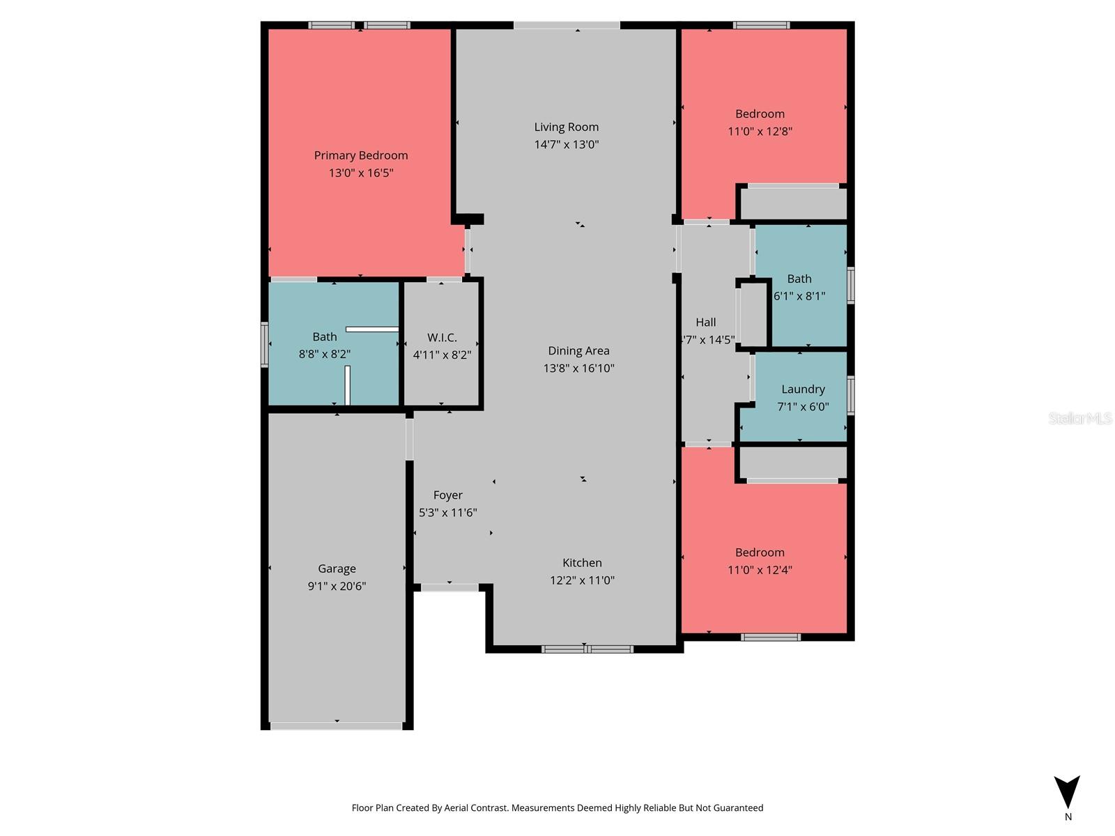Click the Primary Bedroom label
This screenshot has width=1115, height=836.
coord(360,155)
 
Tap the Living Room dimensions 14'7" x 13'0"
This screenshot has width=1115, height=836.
coord(567,144)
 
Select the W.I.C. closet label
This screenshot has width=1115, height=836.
coord(442,337)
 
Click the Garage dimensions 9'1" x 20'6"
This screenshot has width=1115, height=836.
coord(337,586)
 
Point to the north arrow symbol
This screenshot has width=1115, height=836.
coord(1067,792)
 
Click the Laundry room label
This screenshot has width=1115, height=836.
coord(803,389)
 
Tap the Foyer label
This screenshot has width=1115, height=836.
coord(447,495)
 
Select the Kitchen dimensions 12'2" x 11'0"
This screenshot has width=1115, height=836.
coord(582,580)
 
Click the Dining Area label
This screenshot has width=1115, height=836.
coord(578,350)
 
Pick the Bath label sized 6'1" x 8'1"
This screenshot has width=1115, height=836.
coord(799,279)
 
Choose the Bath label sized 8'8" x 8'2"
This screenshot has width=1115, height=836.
coord(325,336)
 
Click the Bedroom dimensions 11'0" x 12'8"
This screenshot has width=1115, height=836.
coord(760,131)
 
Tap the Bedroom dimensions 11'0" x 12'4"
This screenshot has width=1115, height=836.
coord(760,569)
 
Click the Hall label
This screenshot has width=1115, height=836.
coord(705,322)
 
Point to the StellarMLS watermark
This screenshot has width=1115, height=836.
coord(1080,418)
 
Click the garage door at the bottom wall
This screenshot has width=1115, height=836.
coord(336,726)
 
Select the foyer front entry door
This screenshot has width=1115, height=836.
coord(449,587)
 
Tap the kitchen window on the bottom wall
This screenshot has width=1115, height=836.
coord(587,649)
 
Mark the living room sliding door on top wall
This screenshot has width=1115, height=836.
coord(567,26)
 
